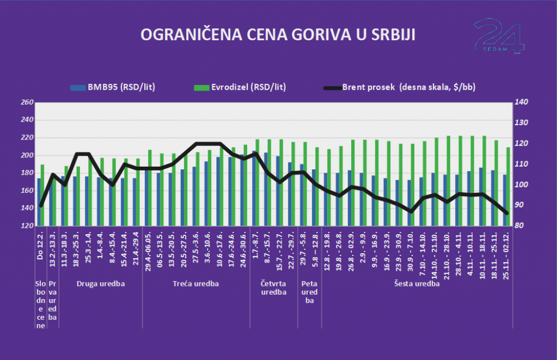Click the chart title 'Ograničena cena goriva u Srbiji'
pyautogui.click(x=278, y=35)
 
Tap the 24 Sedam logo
pyautogui.click(x=499, y=36)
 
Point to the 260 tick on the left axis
pyautogui.click(x=27, y=102)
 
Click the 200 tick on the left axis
pyautogui.click(x=27, y=155)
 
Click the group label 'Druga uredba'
pyautogui.click(x=101, y=284)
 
